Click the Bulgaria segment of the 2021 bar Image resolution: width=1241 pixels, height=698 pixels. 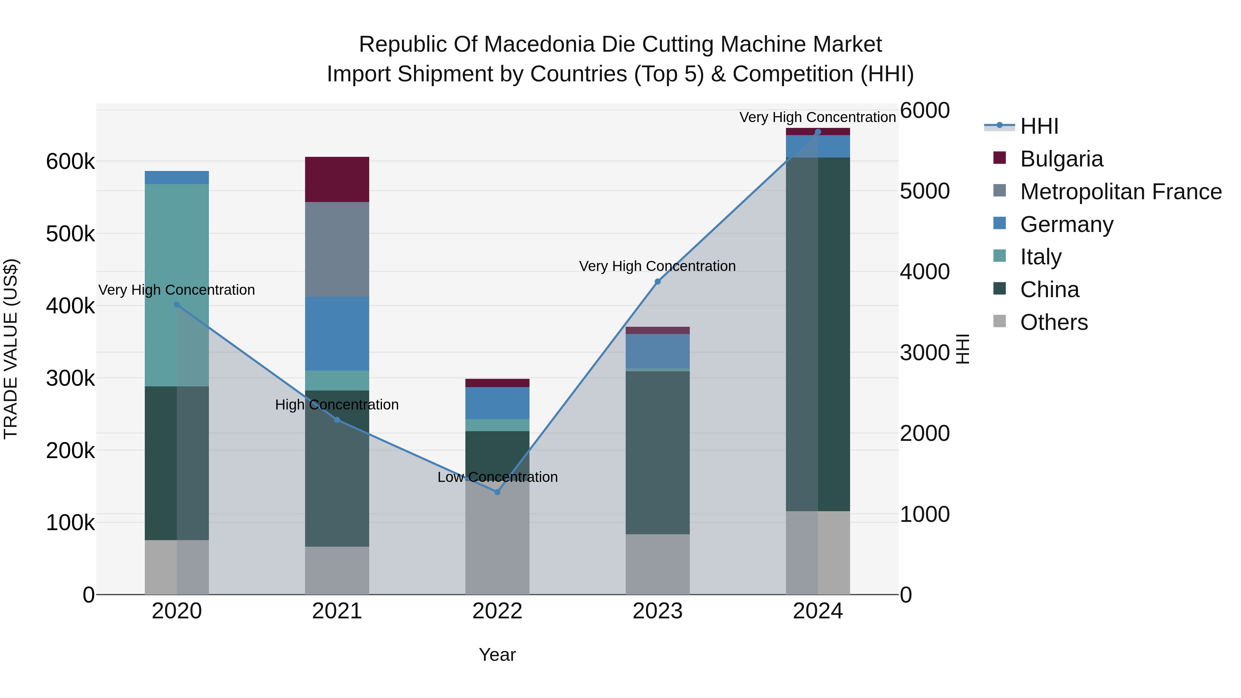(337, 179)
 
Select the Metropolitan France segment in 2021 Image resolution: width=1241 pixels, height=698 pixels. (337, 249)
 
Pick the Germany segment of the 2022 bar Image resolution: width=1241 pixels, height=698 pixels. (497, 403)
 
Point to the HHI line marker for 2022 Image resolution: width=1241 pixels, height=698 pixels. (497, 492)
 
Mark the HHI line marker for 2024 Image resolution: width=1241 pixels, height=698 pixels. (818, 132)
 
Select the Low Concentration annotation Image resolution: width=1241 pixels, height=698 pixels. (497, 477)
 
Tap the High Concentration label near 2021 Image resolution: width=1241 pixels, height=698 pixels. (337, 405)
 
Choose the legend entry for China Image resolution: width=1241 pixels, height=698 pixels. (1049, 290)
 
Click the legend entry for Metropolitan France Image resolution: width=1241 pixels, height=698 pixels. (1121, 192)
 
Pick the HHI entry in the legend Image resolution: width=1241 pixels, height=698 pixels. (1039, 126)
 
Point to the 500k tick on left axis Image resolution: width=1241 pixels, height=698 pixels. (70, 234)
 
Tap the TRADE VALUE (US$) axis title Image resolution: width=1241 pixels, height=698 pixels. (11, 349)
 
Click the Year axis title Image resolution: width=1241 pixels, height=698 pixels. (497, 655)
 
